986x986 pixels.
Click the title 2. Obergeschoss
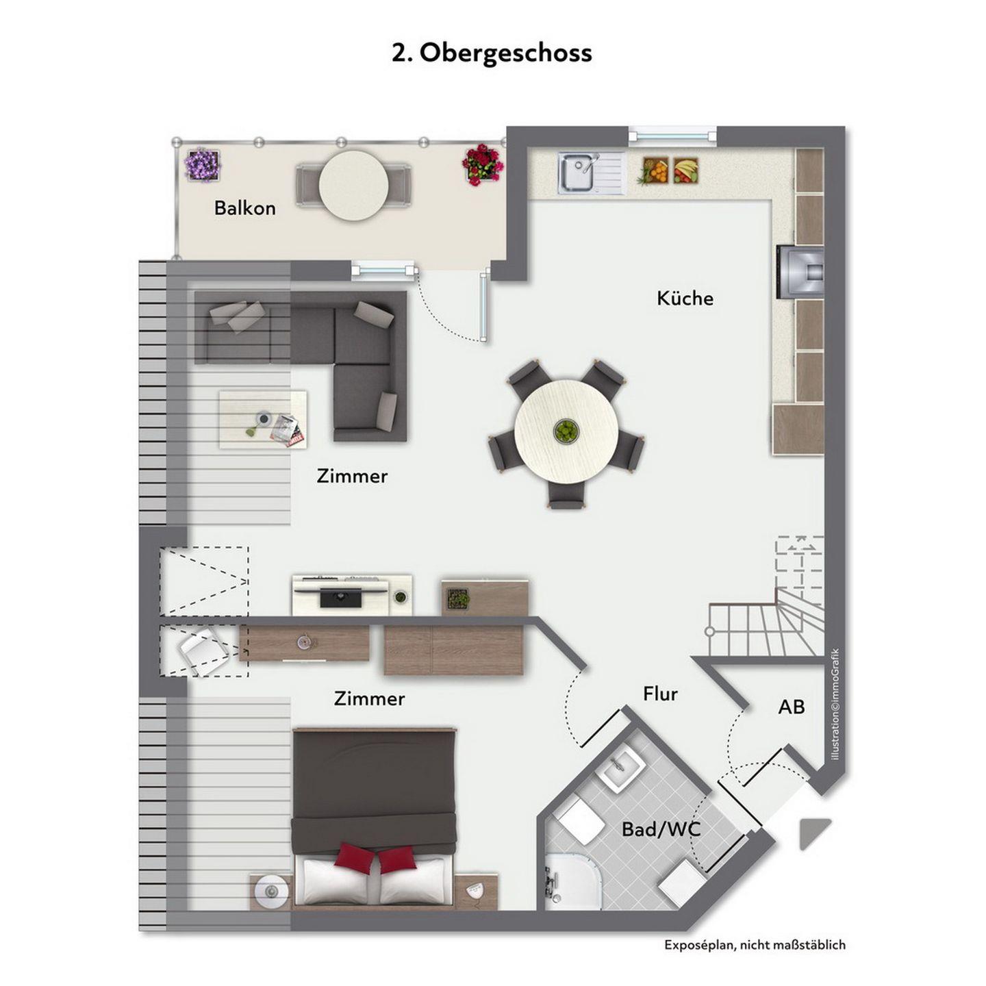tap(492, 53)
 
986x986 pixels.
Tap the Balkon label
tap(244, 208)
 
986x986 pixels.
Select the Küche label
tap(685, 299)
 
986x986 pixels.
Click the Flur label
tap(660, 694)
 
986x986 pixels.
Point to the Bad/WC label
tap(661, 829)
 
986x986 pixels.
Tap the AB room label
tap(791, 707)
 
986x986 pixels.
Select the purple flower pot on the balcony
tap(203, 164)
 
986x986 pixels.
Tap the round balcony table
tap(353, 186)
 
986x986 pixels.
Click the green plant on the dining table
tap(566, 430)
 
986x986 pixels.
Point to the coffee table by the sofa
tap(263, 420)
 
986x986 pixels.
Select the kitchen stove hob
tap(800, 271)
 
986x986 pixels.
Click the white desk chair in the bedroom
tap(203, 652)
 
